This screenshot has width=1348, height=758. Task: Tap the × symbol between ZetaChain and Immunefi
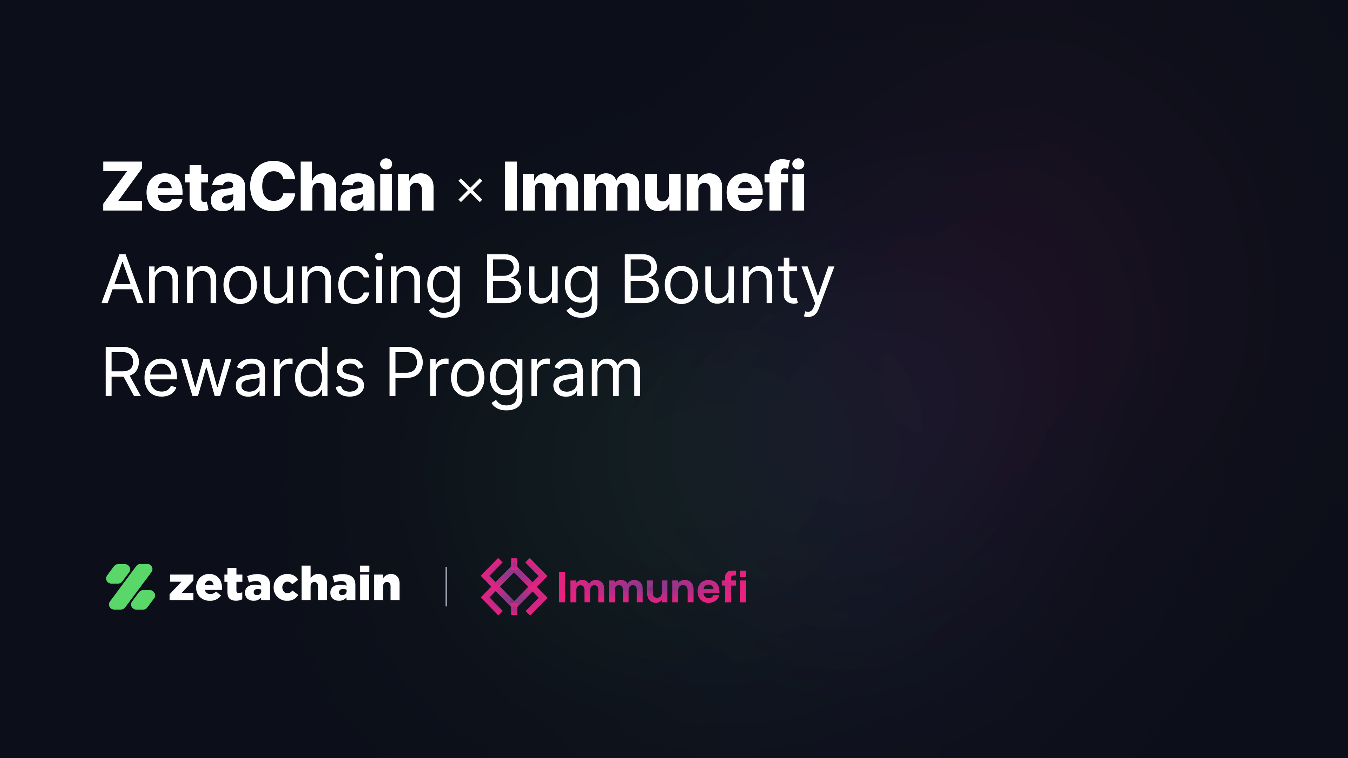(470, 191)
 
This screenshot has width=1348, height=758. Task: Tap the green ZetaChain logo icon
(130, 586)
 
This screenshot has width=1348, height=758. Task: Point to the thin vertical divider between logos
(446, 586)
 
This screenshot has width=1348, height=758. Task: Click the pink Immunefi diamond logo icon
(514, 586)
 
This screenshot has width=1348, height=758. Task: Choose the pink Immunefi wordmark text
(652, 586)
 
